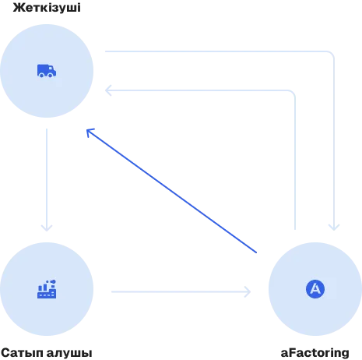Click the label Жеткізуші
click(x=47, y=7)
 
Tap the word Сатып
click(x=23, y=353)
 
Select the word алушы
click(x=69, y=353)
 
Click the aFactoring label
click(x=315, y=353)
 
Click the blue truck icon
click(x=47, y=71)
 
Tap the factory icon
click(x=47, y=289)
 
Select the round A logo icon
click(x=315, y=289)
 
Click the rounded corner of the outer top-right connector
click(x=332, y=54)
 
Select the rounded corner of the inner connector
click(x=293, y=93)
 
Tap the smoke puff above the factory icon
click(x=53, y=281)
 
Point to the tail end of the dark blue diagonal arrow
click(x=256, y=252)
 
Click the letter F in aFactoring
click(x=293, y=352)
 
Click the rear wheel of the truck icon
click(x=41, y=76)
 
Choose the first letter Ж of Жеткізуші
click(x=17, y=8)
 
